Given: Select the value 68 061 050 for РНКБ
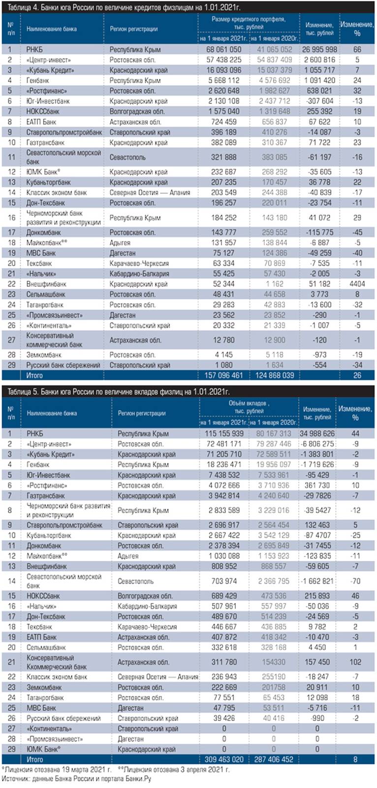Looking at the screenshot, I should point(224,49).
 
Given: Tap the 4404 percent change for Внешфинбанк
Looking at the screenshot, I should point(357,284).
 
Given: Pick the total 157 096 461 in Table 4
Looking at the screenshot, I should point(224,375).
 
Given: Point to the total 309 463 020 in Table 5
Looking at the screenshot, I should point(224,759).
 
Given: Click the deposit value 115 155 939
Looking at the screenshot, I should point(224,433).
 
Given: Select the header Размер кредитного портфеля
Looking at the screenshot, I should point(249,23).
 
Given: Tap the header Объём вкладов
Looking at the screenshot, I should point(249,407).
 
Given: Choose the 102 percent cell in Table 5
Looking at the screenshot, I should point(355,662).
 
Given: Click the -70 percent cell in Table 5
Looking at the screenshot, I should point(355,581).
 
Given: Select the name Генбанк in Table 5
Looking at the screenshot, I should point(38,464).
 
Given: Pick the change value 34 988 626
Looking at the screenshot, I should point(317,433).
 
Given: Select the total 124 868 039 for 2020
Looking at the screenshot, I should point(274,375).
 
